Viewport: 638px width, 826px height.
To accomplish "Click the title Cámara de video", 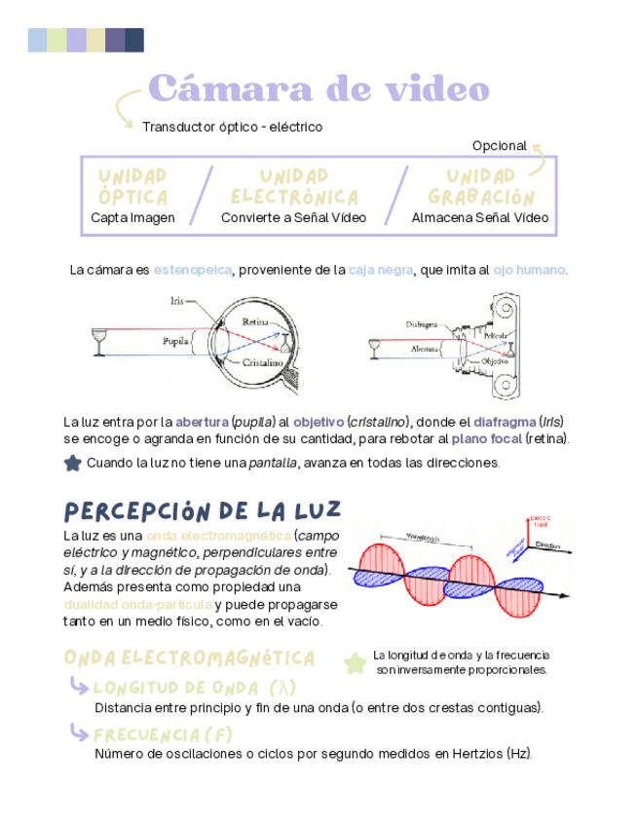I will [x=319, y=90].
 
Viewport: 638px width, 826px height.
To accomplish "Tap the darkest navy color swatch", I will [x=134, y=40].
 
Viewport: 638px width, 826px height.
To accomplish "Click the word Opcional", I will [x=499, y=145].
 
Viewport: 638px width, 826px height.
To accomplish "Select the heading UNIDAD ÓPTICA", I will [x=133, y=185].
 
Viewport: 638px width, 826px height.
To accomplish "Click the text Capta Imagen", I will [x=132, y=218].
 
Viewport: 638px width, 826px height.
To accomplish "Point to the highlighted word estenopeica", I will [x=192, y=269].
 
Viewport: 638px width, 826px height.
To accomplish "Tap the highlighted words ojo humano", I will [x=529, y=269].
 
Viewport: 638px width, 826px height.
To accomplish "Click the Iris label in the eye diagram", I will [x=176, y=302].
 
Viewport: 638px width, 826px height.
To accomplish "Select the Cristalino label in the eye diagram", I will [x=262, y=362].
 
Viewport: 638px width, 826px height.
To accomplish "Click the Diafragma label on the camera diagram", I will [x=421, y=323].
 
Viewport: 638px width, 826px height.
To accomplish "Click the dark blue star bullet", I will [x=72, y=463].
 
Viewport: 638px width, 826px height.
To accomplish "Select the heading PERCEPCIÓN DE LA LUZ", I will [x=202, y=510].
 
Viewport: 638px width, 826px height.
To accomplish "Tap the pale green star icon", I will [x=355, y=662].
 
